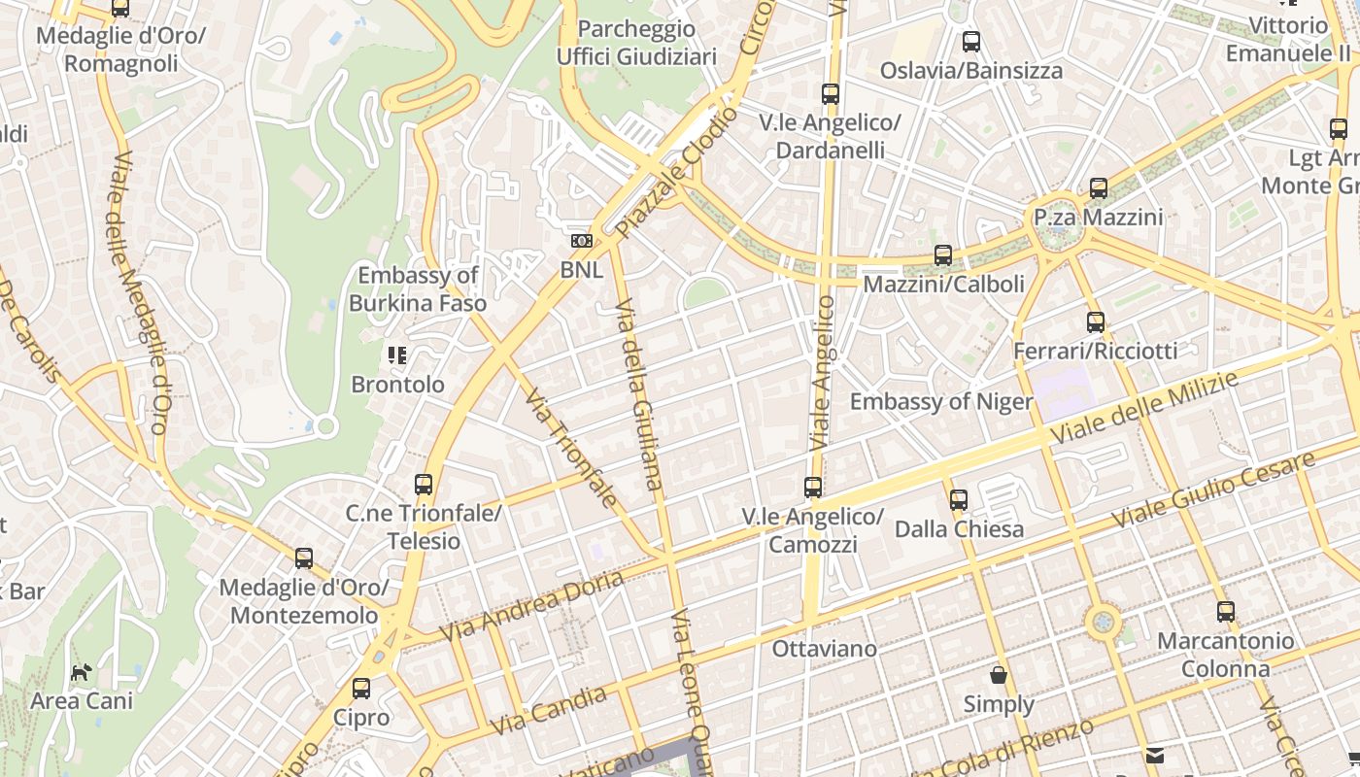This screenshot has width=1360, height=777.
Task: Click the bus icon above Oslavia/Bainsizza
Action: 970,42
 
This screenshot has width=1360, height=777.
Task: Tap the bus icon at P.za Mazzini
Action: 1099,188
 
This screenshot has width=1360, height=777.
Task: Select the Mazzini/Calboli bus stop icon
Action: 942,255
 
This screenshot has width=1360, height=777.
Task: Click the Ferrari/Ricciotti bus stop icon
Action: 1096,322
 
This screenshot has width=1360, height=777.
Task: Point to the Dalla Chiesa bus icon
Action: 959,500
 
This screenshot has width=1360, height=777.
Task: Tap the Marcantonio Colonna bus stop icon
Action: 1226,612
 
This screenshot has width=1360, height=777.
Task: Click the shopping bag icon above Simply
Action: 999,675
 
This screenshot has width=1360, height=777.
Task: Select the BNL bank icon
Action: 581,241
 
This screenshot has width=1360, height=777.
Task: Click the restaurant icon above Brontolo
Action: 396,355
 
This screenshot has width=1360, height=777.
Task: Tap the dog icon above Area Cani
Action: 82,671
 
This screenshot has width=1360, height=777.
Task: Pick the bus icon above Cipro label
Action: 361,689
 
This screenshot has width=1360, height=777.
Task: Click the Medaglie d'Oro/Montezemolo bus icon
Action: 304,558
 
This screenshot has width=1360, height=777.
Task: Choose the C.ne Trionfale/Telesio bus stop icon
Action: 424,485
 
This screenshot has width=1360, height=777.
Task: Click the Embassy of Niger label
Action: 941,401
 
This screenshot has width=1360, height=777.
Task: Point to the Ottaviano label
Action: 824,648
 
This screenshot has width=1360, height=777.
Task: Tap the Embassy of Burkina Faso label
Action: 418,288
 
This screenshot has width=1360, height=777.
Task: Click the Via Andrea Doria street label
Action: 530,607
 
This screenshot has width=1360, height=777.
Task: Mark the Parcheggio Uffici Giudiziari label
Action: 636,43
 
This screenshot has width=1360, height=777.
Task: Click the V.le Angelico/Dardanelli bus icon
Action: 830,94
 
